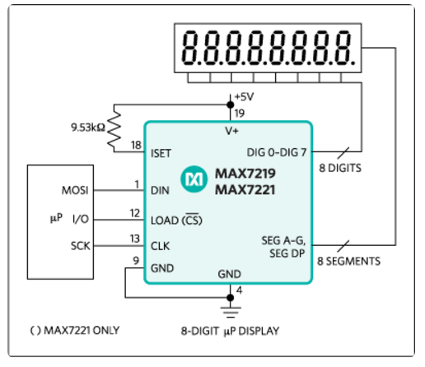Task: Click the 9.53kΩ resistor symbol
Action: tap(114, 128)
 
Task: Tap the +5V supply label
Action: tap(245, 97)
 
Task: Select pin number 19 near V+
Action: tap(240, 113)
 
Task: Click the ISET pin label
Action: tap(161, 153)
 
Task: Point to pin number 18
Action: tap(136, 145)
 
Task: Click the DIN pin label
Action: tap(160, 190)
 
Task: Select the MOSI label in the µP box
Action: tap(75, 190)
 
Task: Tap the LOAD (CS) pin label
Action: tap(176, 220)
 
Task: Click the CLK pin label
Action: tap(161, 246)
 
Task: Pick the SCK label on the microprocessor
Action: tap(80, 246)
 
